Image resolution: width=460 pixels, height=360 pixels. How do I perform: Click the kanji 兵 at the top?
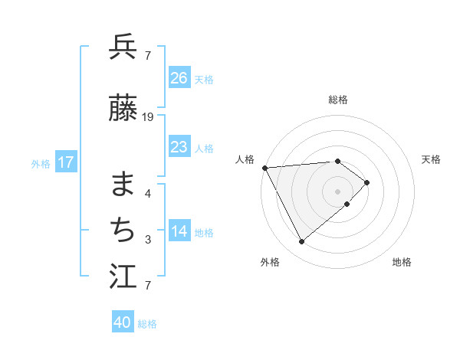click(123, 47)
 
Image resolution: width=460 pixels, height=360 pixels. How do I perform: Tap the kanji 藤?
click(123, 109)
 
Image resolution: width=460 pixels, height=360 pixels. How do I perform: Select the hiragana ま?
click(123, 182)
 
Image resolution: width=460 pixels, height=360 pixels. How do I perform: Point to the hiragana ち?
click(123, 229)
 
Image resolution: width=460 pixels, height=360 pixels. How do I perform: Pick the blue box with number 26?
click(179, 77)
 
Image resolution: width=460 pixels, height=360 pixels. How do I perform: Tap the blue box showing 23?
click(179, 147)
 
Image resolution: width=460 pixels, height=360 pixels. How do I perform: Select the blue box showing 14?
click(179, 232)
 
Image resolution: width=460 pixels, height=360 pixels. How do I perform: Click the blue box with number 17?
click(65, 162)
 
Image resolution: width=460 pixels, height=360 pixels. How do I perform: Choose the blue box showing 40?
click(123, 322)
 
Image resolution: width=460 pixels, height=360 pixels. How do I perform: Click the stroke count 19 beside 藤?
click(148, 117)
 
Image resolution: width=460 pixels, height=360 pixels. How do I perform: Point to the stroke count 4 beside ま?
click(148, 193)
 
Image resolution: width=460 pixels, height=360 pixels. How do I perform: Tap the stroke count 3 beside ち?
click(148, 240)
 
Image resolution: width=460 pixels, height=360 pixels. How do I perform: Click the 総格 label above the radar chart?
click(338, 100)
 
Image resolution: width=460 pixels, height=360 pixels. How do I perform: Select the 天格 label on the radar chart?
click(432, 159)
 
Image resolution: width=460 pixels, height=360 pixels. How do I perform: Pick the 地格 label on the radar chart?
click(402, 263)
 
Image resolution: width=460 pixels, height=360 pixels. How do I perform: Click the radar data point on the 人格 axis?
click(264, 168)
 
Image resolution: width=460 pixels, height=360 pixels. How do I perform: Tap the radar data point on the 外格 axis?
click(302, 242)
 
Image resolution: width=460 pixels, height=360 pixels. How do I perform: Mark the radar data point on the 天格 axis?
click(368, 182)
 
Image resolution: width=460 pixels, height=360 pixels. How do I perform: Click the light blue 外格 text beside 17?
click(41, 163)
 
